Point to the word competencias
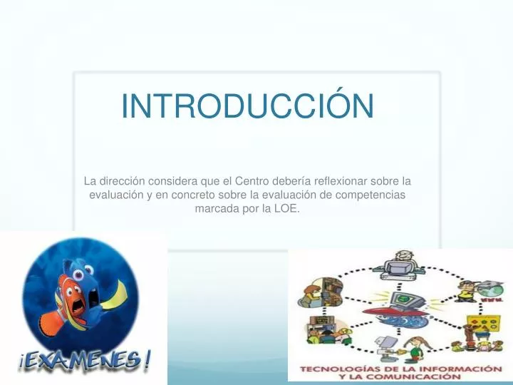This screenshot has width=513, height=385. pyautogui.click(x=370, y=195)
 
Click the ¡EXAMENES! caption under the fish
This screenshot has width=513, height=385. pyautogui.click(x=85, y=360)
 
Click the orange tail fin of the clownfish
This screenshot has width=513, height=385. pyautogui.click(x=53, y=322)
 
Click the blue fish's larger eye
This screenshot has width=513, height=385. pyautogui.click(x=78, y=274)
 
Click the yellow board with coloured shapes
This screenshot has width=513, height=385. pyautogui.click(x=484, y=324)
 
